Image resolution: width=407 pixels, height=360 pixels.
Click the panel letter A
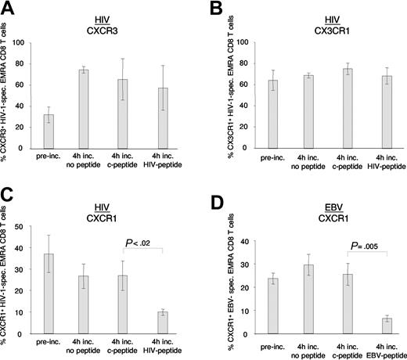click(9, 9)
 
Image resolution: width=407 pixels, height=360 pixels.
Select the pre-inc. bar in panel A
click(49, 130)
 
